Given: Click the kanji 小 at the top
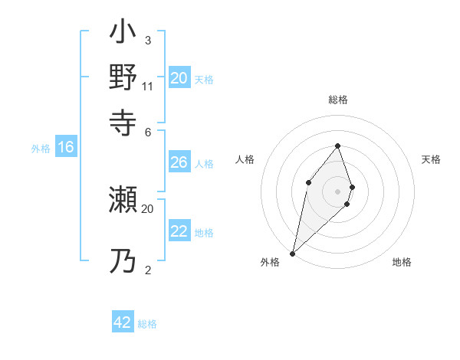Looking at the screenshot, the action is click(x=123, y=34).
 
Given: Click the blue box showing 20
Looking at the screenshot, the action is click(x=179, y=78).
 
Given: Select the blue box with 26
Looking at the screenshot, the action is click(x=179, y=162).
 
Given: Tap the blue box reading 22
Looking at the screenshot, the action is click(x=179, y=231).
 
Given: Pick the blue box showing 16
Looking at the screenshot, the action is click(x=65, y=148).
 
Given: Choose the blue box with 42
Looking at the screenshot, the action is click(x=123, y=322).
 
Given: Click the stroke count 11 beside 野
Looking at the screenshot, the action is click(x=148, y=86).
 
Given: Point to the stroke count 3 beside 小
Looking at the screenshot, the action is click(x=147, y=40).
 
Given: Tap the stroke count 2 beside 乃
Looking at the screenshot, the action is click(x=147, y=270).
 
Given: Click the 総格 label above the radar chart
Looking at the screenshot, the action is click(x=338, y=100).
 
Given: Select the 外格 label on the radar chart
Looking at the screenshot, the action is click(x=270, y=263).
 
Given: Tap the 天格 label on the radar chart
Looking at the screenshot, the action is click(x=431, y=159).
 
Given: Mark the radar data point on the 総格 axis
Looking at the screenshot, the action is click(x=337, y=146).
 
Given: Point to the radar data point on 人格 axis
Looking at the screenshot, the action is click(x=307, y=182).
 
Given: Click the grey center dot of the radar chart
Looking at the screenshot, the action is click(x=337, y=191).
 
